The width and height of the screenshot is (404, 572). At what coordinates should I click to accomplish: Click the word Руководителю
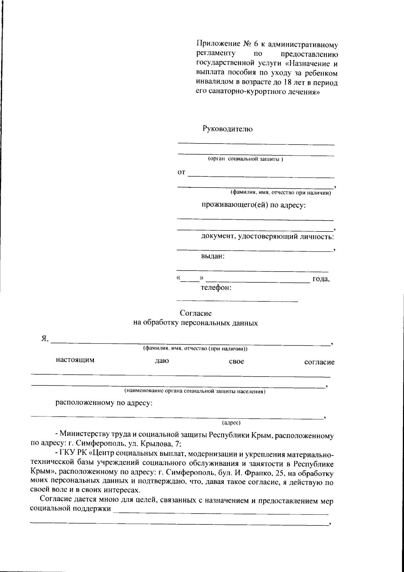tap(227, 129)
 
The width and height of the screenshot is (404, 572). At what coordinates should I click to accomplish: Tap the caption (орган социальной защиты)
tap(245, 159)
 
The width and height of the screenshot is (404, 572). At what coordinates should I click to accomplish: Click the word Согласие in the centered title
tap(196, 313)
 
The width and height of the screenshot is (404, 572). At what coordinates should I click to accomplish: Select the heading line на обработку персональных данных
tap(196, 323)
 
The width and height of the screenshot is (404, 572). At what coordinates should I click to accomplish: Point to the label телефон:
tap(216, 288)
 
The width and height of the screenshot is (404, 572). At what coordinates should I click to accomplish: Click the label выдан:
tap(213, 256)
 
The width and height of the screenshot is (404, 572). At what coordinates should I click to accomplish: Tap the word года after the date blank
tap(321, 279)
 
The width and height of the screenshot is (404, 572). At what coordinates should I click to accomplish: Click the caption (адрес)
tap(231, 422)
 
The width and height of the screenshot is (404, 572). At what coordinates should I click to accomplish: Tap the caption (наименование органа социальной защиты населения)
tap(195, 391)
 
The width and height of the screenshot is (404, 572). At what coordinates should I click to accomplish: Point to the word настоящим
tap(75, 360)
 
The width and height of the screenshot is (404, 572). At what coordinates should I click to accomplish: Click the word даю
tap(162, 361)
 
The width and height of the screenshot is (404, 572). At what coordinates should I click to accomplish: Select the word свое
tap(236, 362)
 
